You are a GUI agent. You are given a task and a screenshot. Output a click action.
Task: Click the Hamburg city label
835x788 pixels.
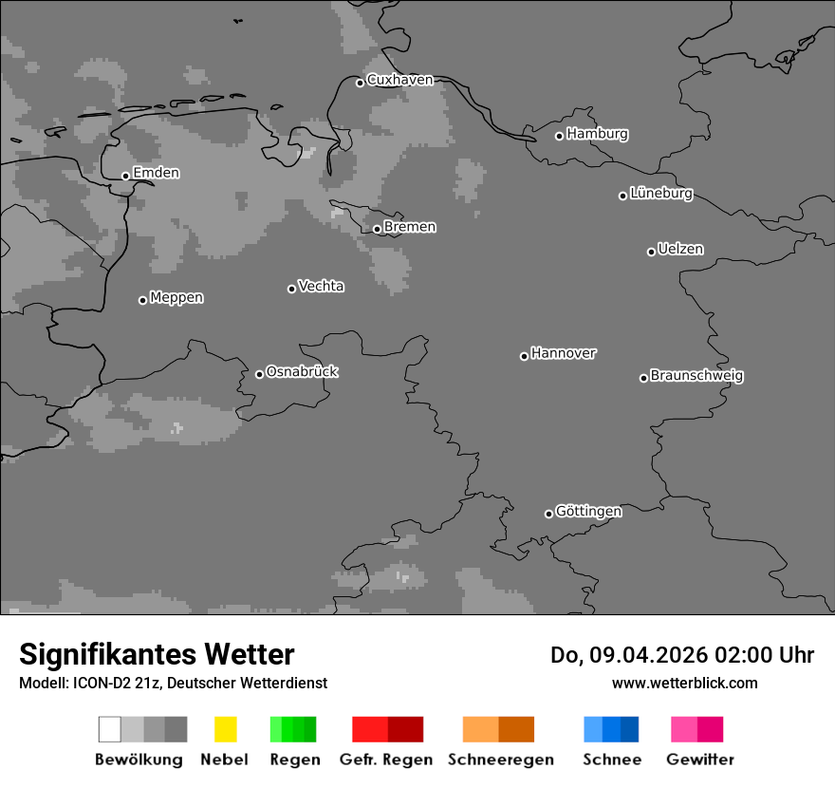[597, 134]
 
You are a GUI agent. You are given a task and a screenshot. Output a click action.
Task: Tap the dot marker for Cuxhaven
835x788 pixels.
[360, 83]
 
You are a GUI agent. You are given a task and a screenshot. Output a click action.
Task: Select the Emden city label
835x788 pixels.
[156, 173]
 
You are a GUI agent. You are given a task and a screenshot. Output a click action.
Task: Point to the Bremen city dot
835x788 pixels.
[377, 229]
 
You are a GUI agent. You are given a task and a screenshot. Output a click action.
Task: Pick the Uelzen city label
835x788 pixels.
[680, 250]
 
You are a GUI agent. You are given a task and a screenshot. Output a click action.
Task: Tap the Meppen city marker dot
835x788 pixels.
[142, 300]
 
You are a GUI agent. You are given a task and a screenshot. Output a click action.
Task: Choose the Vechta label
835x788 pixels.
[321, 286]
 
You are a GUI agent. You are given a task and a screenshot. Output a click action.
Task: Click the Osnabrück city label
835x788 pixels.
[302, 371]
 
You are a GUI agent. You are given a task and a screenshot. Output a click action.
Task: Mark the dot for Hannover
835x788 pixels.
[524, 356]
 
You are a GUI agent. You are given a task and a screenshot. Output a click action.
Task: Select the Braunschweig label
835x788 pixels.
[696, 376]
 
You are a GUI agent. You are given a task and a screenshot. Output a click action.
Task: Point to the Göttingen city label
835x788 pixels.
[588, 512]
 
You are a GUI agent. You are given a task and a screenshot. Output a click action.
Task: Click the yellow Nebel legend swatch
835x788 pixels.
[225, 729]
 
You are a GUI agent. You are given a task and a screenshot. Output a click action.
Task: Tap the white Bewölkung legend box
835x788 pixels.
[110, 729]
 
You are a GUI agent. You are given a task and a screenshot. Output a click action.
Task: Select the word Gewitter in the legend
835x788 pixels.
[700, 760]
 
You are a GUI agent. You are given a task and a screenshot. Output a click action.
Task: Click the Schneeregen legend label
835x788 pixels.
[501, 760]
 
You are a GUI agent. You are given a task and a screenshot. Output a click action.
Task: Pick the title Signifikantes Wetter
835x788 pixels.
[157, 655]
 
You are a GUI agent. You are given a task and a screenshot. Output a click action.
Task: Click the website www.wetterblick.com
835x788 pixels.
[684, 683]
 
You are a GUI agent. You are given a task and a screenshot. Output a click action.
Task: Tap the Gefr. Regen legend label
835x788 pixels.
[386, 760]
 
